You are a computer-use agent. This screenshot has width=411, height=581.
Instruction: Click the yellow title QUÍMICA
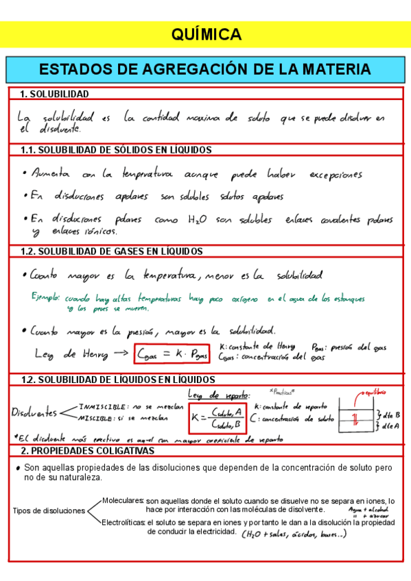tap(205, 34)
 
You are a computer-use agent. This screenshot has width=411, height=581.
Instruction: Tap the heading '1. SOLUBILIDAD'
tap(54, 94)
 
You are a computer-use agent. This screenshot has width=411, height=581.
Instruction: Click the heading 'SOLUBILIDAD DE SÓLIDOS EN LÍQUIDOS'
tap(124, 150)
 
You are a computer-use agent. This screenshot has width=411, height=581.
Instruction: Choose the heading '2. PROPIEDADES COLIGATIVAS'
tap(87, 451)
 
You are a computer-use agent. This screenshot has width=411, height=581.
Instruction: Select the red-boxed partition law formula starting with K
tap(218, 416)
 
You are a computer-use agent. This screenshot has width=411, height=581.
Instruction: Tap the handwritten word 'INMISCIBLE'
tap(102, 406)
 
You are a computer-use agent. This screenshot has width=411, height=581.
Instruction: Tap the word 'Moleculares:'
tap(123, 501)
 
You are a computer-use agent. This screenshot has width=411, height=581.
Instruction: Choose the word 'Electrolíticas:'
tap(124, 522)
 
